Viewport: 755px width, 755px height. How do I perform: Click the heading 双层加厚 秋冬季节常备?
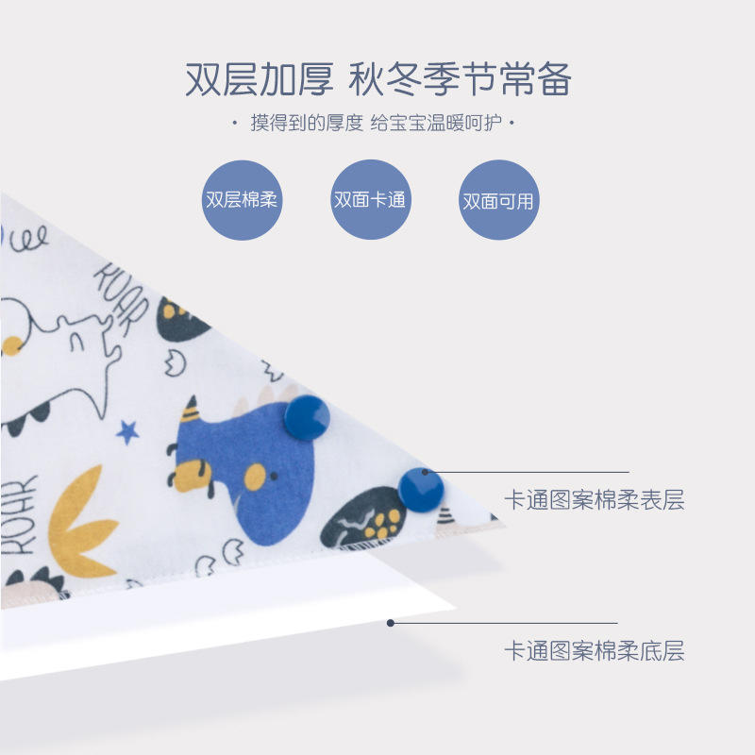pyautogui.click(x=377, y=80)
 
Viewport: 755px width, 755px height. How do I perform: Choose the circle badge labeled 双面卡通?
pyautogui.click(x=370, y=200)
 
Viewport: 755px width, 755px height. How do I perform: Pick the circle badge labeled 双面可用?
pyautogui.click(x=497, y=200)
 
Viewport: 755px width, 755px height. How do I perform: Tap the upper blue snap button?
pyautogui.click(x=307, y=417)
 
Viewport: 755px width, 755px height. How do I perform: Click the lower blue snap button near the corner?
pyautogui.click(x=421, y=489)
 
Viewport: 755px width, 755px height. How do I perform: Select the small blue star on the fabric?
pyautogui.click(x=127, y=432)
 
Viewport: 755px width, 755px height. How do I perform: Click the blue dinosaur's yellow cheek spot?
pyautogui.click(x=255, y=478)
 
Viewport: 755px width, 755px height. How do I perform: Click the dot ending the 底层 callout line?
pyautogui.click(x=391, y=622)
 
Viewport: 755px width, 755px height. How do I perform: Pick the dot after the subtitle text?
pyautogui.click(x=512, y=124)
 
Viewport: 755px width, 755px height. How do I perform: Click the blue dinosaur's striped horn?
pyautogui.click(x=191, y=411)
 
